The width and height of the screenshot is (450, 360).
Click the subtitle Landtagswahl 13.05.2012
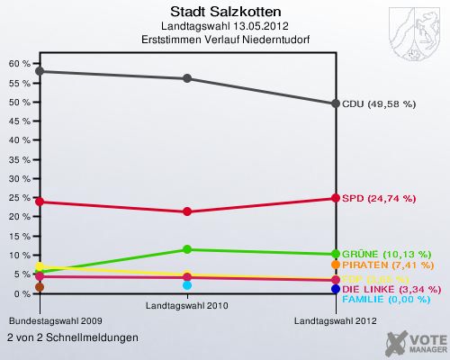225,27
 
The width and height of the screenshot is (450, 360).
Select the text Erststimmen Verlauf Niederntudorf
225,40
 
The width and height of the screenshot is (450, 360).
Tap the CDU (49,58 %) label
378,104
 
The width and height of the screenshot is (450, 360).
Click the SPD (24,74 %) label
377,198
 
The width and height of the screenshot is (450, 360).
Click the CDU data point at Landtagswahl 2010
186,78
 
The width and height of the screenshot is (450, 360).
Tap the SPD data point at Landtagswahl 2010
186,211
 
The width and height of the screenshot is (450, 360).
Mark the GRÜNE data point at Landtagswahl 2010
186,249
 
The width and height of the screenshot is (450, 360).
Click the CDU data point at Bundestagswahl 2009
38,71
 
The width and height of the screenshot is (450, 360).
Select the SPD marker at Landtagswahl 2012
335,198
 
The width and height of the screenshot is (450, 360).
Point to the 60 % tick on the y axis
19,64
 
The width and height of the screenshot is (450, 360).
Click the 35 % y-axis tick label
19,159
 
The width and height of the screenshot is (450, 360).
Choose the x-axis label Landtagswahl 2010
186,306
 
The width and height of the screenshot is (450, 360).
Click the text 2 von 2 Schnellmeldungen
72,337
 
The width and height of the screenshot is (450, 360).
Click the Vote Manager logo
414,342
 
